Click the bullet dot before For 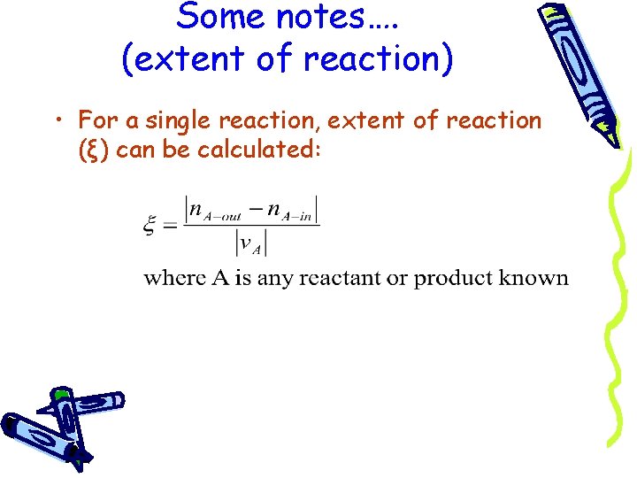click(x=59, y=121)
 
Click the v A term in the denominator click(x=251, y=243)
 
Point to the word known click(x=533, y=278)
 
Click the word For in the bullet click(x=98, y=119)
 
